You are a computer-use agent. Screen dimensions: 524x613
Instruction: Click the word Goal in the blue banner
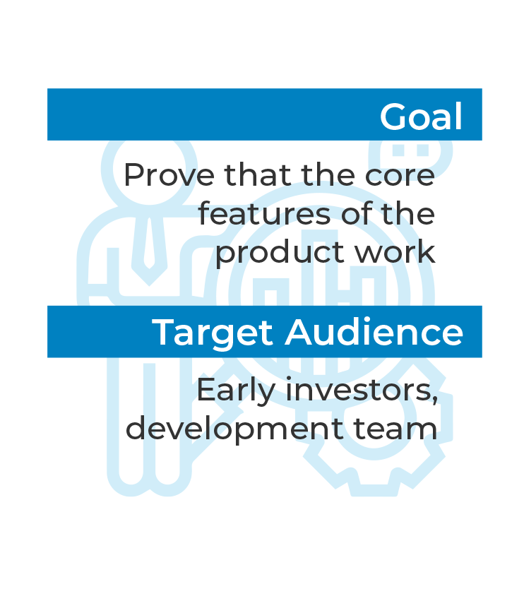pyautogui.click(x=421, y=116)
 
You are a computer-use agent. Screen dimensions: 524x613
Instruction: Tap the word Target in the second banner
pyautogui.click(x=213, y=333)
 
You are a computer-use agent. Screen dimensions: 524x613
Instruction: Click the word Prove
pyautogui.click(x=169, y=174)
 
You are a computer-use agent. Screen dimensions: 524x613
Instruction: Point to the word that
pyautogui.click(x=258, y=174)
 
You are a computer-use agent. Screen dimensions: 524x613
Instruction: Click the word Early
pyautogui.click(x=236, y=391)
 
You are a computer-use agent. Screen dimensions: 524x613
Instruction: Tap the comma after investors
pyautogui.click(x=434, y=400)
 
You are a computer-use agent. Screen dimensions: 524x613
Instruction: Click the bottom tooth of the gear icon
pyautogui.click(x=374, y=487)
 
